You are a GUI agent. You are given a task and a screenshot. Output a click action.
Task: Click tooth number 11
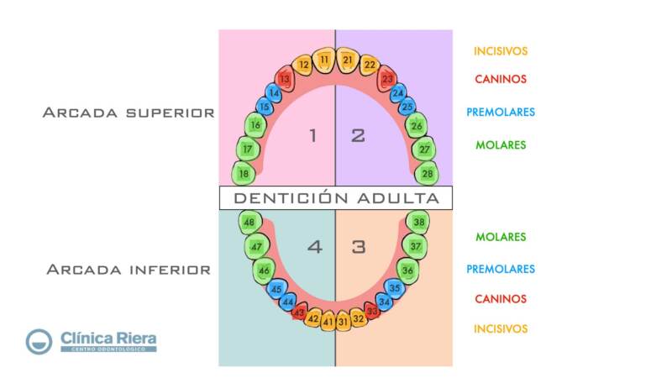325,60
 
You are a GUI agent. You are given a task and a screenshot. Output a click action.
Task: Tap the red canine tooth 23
387,79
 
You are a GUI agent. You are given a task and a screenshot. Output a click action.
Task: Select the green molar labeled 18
244,174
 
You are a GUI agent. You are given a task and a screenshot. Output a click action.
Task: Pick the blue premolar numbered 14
274,93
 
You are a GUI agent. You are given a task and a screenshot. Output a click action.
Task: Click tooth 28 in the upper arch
428,174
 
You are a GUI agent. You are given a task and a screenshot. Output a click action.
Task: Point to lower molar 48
249,223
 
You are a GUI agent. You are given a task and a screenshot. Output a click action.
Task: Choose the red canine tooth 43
298,312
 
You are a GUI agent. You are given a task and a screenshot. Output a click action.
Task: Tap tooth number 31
343,321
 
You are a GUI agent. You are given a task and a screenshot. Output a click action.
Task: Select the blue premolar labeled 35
395,288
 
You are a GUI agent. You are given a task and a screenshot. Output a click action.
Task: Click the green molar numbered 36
407,270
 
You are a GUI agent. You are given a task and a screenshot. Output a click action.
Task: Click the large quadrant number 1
312,135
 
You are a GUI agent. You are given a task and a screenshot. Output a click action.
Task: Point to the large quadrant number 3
359,247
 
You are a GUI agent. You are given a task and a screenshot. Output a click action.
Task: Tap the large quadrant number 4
314,247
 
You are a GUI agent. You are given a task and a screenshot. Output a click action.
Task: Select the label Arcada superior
129,113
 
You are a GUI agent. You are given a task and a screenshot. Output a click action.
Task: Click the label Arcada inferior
129,270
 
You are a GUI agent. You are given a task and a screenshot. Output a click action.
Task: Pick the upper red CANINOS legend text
500,79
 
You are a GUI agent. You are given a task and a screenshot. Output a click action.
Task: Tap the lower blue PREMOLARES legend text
501,270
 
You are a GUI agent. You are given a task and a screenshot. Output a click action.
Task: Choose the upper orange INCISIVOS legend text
501,51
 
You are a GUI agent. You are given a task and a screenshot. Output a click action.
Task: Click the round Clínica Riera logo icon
39,340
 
